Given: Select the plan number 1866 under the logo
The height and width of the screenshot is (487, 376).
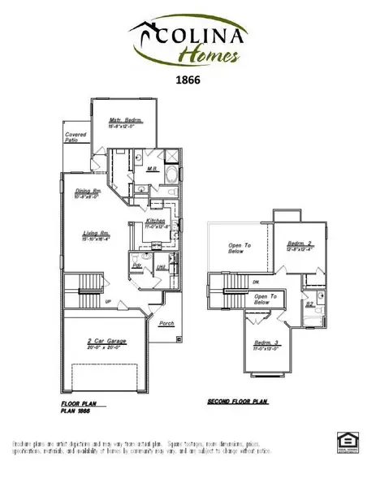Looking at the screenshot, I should [x=188, y=80].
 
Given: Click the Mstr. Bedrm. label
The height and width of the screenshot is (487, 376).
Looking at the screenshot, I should [x=125, y=121].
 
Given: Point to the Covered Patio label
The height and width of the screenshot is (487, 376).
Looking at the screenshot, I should [x=76, y=137].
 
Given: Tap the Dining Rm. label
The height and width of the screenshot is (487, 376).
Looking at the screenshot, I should [x=86, y=192].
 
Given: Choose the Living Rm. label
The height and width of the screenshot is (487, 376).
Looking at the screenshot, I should [x=96, y=235].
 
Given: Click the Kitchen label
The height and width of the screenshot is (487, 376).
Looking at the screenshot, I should [x=156, y=221].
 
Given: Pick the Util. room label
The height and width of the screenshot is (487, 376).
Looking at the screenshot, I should [x=161, y=265].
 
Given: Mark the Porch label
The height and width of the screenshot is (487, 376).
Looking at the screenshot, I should [x=166, y=323].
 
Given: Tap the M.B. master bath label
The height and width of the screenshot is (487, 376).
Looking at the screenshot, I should [x=151, y=170].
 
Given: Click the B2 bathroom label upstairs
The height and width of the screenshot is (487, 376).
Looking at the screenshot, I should [x=309, y=305].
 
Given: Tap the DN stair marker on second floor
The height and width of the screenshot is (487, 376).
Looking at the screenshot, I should [x=257, y=283].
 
